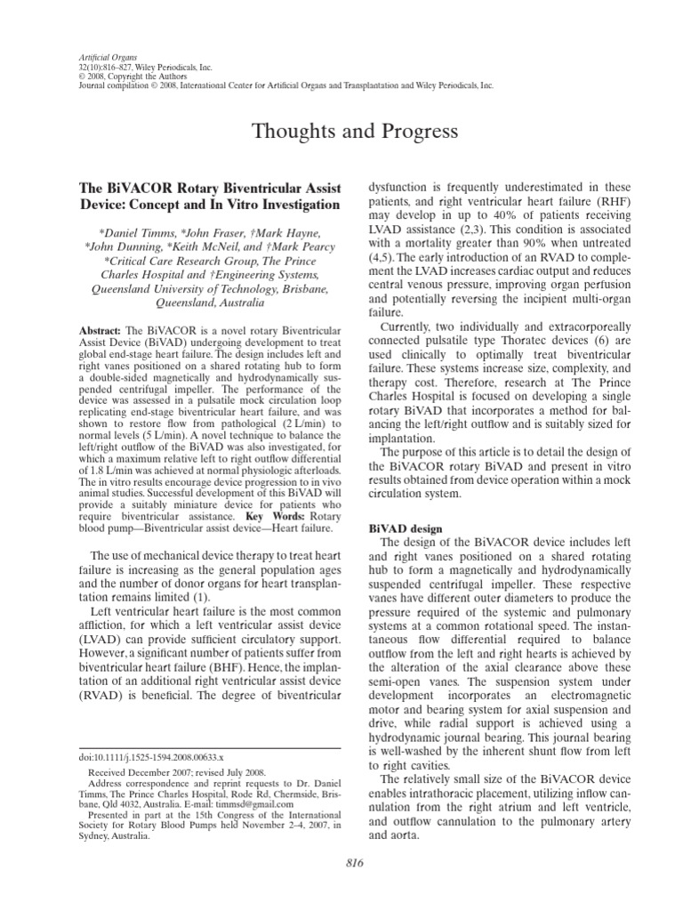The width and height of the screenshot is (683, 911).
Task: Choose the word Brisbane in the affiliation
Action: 303,289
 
